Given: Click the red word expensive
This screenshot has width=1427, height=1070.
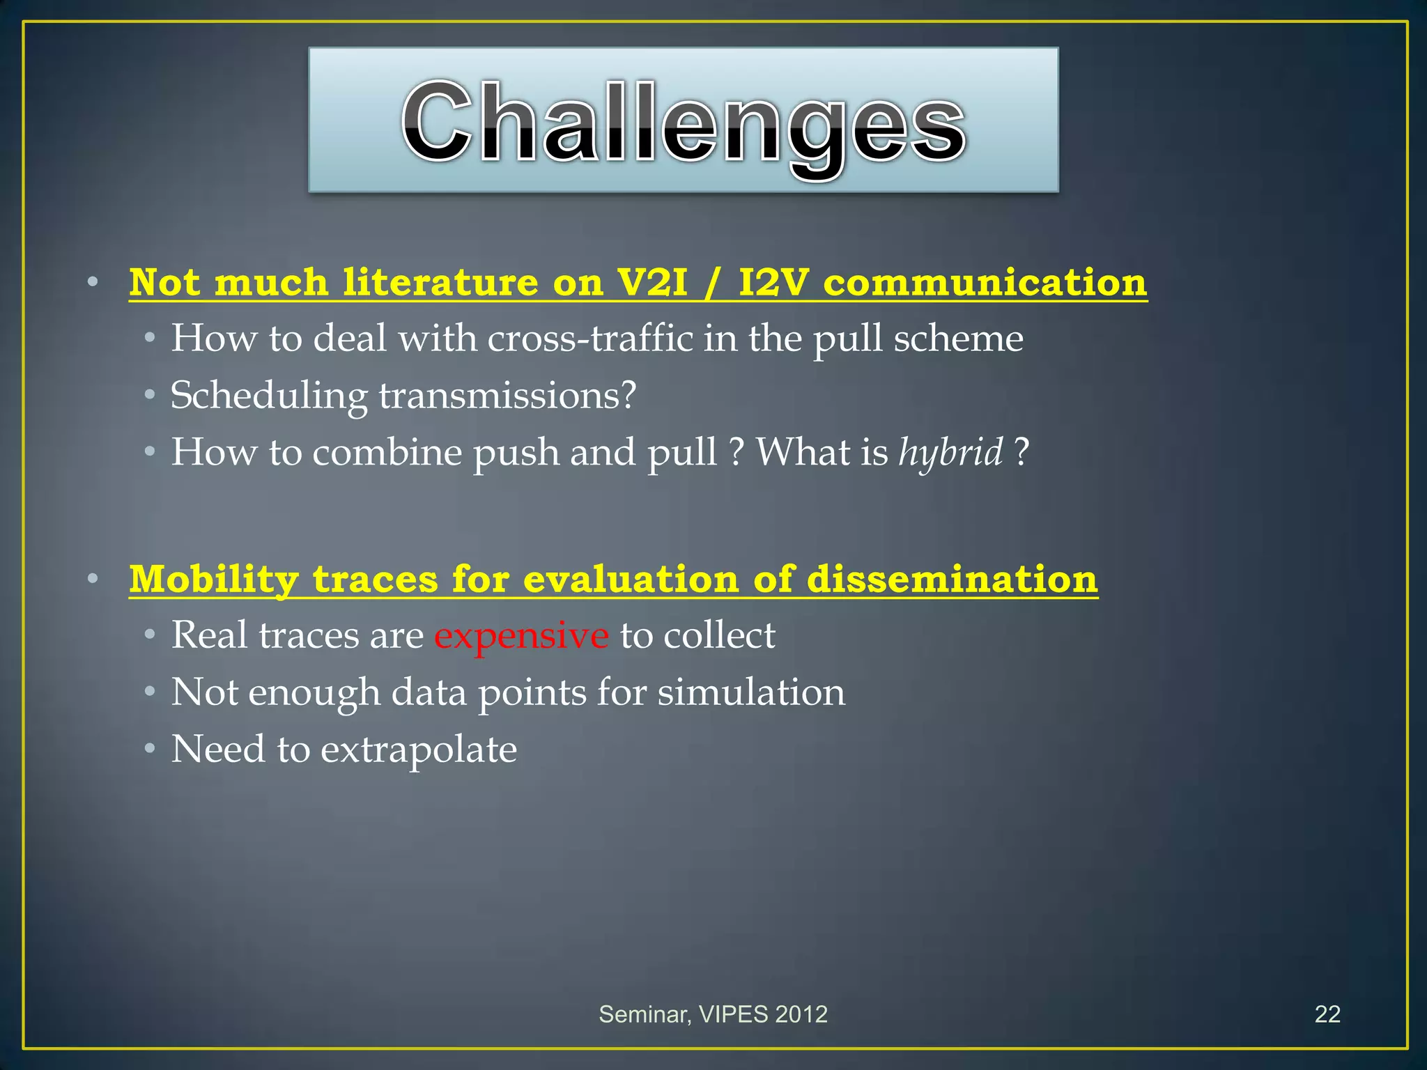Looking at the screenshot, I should (521, 636).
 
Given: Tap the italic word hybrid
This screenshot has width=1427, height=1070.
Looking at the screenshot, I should (950, 453).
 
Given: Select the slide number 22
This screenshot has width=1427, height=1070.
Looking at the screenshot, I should (1327, 1014).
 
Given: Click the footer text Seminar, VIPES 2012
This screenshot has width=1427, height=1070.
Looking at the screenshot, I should (713, 1014).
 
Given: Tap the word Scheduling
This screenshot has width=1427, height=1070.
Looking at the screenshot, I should (269, 396).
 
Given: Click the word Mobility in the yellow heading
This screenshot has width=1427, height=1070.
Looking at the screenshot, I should (214, 580).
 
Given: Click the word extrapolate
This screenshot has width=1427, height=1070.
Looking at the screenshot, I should (419, 750).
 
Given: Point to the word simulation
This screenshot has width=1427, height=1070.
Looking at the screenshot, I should (751, 692).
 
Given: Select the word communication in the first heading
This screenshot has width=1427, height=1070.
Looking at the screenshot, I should (985, 283).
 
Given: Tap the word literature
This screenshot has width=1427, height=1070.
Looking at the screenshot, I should (440, 283).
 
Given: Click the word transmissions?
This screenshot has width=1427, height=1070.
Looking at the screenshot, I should (507, 396).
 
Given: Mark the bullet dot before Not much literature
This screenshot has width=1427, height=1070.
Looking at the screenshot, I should (93, 283).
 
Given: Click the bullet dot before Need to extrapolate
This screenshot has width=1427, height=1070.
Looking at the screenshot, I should (149, 750).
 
